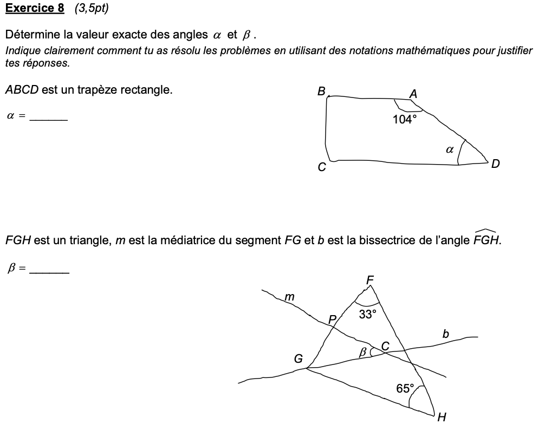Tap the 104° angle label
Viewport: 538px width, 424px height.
(405, 120)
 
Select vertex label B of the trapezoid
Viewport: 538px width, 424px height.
(321, 92)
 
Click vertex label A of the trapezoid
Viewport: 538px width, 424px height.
(413, 94)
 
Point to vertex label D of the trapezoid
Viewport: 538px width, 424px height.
(495, 164)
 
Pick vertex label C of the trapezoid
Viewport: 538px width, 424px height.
(322, 168)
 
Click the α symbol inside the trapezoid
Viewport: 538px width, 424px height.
(449, 150)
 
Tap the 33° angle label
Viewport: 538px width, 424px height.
(367, 314)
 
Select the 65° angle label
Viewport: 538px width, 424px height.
(405, 388)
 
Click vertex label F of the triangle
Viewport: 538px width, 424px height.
(370, 280)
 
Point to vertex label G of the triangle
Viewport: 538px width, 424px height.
(298, 358)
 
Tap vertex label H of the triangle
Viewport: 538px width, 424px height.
(442, 416)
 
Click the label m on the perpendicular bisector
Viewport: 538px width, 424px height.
(290, 296)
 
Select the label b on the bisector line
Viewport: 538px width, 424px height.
(445, 334)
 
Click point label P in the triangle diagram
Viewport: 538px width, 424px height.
(332, 318)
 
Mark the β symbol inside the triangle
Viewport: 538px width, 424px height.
(363, 353)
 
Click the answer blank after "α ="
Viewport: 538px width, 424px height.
(49, 117)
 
